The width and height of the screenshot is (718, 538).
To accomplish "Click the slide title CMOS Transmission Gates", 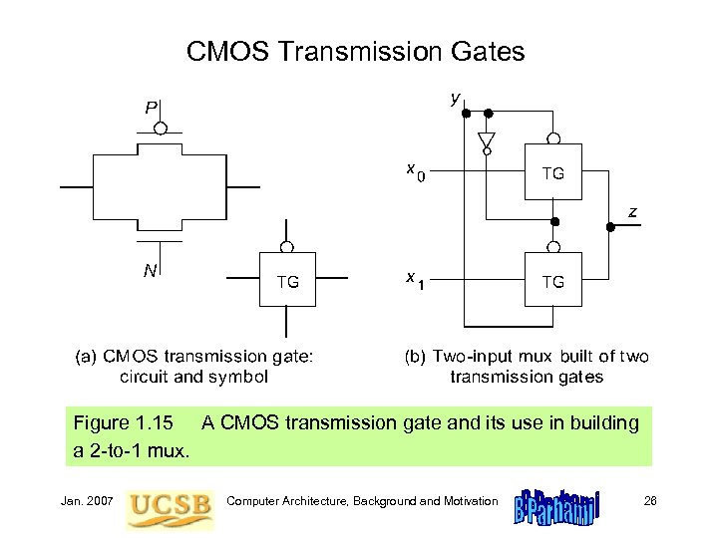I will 355,52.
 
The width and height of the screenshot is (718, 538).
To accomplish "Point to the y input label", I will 455,99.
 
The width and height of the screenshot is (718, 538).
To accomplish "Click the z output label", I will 632,211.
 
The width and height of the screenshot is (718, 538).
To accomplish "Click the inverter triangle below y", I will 487,140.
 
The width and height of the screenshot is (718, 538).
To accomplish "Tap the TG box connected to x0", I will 552,173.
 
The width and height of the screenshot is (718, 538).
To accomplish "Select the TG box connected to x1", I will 552,282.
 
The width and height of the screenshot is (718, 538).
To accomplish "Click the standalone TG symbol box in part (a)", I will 287,282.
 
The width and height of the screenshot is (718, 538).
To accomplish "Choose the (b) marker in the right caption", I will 412,355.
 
